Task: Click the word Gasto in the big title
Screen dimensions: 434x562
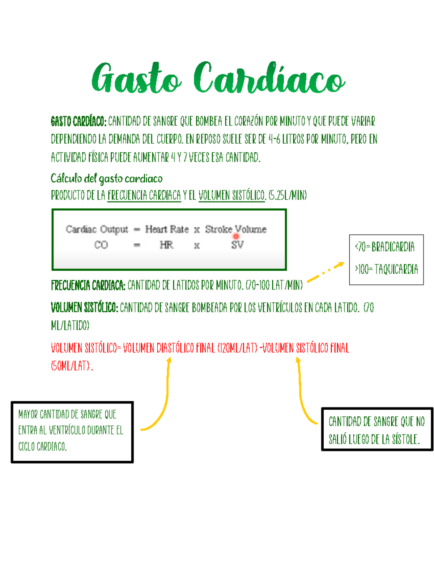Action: (136, 78)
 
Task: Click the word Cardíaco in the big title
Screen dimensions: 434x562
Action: (269, 77)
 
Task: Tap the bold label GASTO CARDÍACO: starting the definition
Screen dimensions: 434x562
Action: (78, 121)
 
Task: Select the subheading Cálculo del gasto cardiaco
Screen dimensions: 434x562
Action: (106, 179)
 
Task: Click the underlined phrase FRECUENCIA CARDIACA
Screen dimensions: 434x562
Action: (144, 195)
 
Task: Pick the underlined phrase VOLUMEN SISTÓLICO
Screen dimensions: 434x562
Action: (231, 195)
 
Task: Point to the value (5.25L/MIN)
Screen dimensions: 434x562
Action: (288, 195)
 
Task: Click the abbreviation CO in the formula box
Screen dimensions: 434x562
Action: (101, 245)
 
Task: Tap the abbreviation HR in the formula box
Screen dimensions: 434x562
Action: (166, 245)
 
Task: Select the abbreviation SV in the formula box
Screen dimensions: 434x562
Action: (237, 245)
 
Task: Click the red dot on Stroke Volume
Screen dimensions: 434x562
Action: (236, 236)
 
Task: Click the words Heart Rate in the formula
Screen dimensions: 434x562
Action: (167, 229)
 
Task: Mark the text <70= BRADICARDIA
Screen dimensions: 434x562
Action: (384, 247)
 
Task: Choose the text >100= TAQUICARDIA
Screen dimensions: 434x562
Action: (386, 269)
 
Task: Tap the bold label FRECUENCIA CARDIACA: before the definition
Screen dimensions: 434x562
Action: (88, 286)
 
